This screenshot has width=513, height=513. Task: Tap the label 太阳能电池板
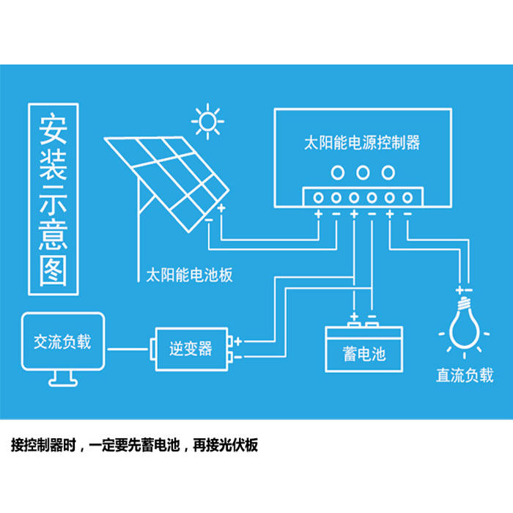click(x=189, y=276)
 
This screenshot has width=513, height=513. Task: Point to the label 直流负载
click(x=465, y=375)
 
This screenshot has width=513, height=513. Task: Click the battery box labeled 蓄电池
click(x=363, y=351)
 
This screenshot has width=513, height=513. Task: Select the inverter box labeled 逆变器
click(x=191, y=348)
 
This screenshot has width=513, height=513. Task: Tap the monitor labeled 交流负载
click(x=62, y=342)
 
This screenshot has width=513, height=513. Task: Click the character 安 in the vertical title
click(x=53, y=129)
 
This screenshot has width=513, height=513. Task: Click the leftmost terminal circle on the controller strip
click(x=319, y=197)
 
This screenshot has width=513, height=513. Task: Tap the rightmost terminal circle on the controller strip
click(x=407, y=197)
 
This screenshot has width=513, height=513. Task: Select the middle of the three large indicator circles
click(x=362, y=173)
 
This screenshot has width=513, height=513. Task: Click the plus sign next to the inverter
click(x=239, y=342)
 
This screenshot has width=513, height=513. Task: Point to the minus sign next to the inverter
click(x=239, y=356)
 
